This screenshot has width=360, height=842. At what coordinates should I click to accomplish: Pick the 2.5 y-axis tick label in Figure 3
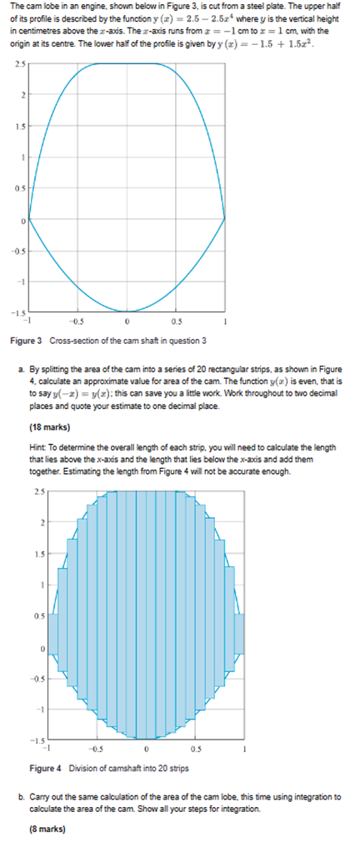pyautogui.click(x=18, y=63)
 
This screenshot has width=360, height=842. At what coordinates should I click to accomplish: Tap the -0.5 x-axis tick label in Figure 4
pyautogui.click(x=97, y=747)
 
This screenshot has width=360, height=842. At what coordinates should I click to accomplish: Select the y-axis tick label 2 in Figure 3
pyautogui.click(x=22, y=95)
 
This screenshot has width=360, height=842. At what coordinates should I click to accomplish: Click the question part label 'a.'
pyautogui.click(x=22, y=367)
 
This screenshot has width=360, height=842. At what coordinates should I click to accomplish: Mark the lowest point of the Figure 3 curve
pyautogui.click(x=127, y=311)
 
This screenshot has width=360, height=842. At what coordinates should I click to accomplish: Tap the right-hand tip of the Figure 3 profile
pyautogui.click(x=225, y=219)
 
